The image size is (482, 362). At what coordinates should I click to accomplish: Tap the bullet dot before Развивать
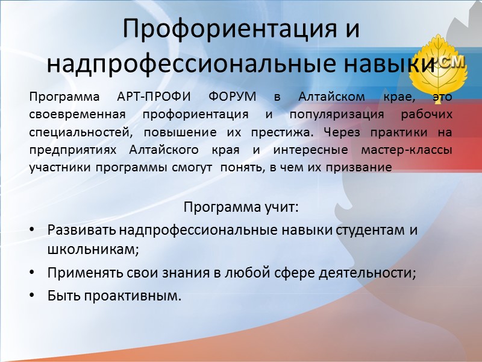[32, 230]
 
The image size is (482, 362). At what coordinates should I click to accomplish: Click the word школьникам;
[93, 249]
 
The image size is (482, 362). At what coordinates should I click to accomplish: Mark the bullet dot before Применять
[32, 273]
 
